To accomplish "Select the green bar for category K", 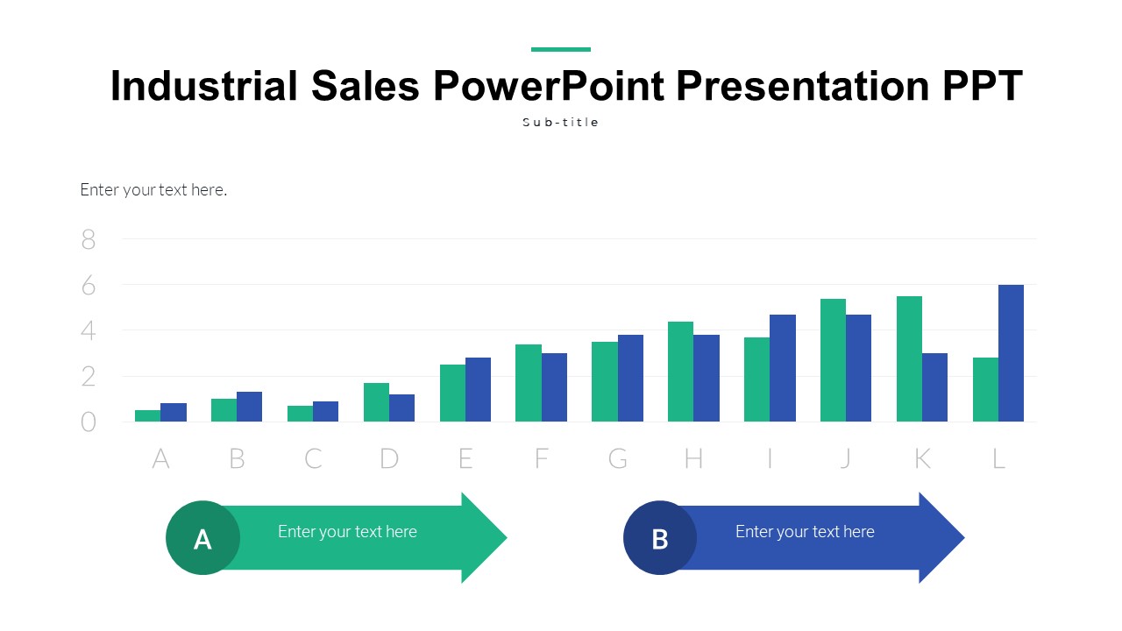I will pyautogui.click(x=909, y=359).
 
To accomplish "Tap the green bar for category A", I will pyautogui.click(x=147, y=416).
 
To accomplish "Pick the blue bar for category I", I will pyautogui.click(x=782, y=368).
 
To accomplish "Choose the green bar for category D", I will pyautogui.click(x=376, y=402).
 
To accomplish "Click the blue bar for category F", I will pyautogui.click(x=554, y=387).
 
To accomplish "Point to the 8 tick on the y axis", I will pyautogui.click(x=89, y=239).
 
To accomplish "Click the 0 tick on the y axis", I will pyautogui.click(x=89, y=422).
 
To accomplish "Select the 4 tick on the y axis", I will pyautogui.click(x=89, y=331).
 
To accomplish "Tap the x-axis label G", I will pyautogui.click(x=618, y=458).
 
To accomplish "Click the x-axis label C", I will pyautogui.click(x=313, y=458).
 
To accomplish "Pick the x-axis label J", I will pyautogui.click(x=845, y=458).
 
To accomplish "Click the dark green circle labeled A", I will pyautogui.click(x=202, y=538).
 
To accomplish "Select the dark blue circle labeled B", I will pyautogui.click(x=660, y=538).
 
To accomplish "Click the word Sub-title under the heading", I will pyautogui.click(x=561, y=123).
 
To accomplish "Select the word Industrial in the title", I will pyautogui.click(x=204, y=86).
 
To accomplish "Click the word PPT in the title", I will pyautogui.click(x=982, y=86).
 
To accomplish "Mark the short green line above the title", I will pyautogui.click(x=561, y=49).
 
